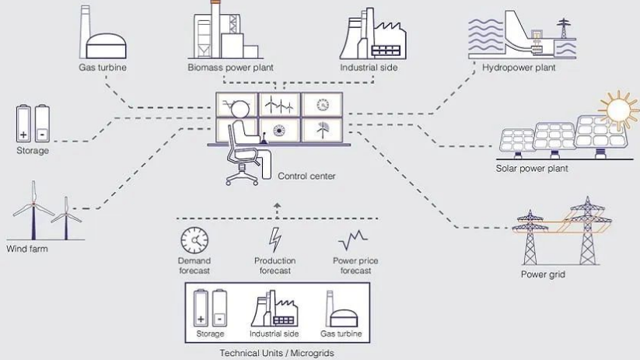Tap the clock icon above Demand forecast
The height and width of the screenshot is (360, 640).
click(194, 240)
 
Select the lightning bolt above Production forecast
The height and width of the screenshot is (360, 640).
click(275, 239)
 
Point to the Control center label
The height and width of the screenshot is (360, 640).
click(306, 177)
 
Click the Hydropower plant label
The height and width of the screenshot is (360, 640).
click(519, 68)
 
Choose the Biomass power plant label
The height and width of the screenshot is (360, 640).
click(230, 68)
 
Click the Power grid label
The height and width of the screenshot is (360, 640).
click(543, 274)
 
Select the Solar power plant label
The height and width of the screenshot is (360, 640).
click(532, 168)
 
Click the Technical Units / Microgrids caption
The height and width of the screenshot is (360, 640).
click(277, 353)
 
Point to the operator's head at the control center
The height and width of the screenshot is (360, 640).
click(243, 109)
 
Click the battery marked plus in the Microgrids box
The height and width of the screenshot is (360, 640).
click(201, 308)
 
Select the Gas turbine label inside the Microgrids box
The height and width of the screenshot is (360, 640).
click(341, 334)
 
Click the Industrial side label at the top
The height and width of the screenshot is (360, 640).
click(370, 68)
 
